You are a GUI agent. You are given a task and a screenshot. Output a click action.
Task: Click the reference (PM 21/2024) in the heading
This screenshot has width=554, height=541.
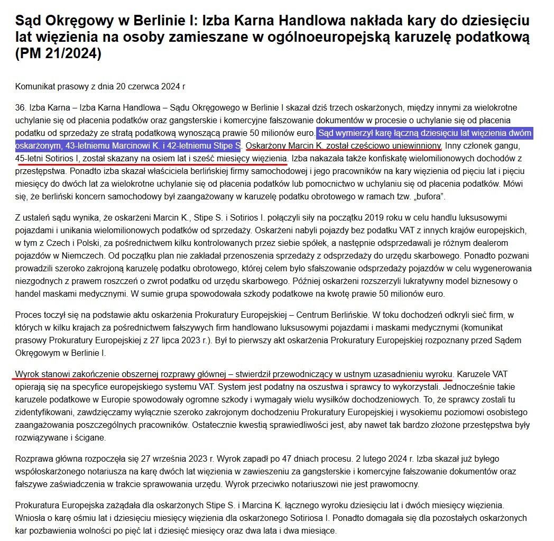point(58,54)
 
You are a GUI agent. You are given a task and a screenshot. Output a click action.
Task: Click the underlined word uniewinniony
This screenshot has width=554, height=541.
point(411,144)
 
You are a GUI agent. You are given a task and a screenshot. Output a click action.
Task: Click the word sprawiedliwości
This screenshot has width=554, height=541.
point(354,425)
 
